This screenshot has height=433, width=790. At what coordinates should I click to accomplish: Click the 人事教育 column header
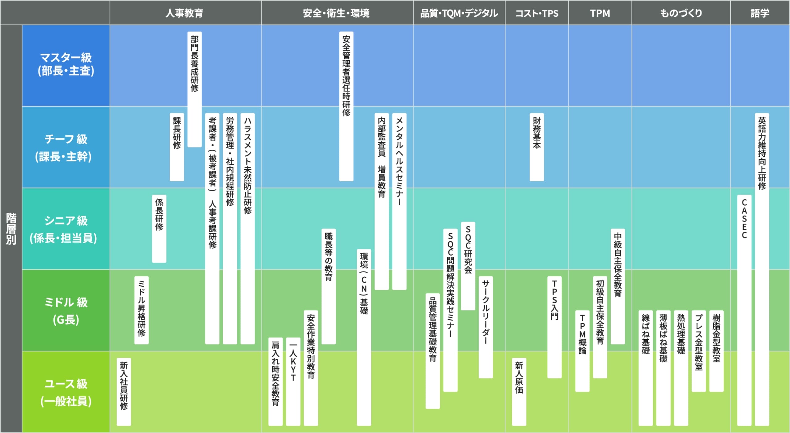tap(184, 13)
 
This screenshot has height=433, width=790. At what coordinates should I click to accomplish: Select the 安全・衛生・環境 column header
tap(336, 13)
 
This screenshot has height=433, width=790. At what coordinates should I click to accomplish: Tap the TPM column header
tap(600, 13)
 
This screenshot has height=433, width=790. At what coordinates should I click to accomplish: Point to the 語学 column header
tap(759, 13)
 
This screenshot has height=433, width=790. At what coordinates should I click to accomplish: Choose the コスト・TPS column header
tap(537, 13)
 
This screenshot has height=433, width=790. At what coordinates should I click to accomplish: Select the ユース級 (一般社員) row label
tap(66, 392)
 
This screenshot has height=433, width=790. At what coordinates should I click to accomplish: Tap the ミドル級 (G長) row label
tap(66, 311)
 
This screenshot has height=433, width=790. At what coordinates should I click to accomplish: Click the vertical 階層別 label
tap(11, 229)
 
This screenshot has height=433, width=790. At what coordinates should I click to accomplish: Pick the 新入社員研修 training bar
tap(124, 392)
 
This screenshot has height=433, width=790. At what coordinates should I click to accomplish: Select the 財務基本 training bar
tap(537, 147)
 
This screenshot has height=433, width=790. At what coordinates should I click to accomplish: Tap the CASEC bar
tap(744, 310)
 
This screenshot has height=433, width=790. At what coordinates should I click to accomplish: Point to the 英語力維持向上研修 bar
tap(762, 269)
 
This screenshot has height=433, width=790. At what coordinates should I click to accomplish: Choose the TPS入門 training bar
tap(554, 327)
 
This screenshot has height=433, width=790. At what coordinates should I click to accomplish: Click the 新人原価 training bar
tap(519, 392)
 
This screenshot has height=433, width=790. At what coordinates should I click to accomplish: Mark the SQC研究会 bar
tap(468, 266)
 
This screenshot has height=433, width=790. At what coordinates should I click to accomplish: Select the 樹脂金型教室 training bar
tap(716, 351)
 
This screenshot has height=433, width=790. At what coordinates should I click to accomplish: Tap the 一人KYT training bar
tap(293, 381)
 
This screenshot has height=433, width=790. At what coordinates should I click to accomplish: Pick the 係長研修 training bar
tap(159, 229)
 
